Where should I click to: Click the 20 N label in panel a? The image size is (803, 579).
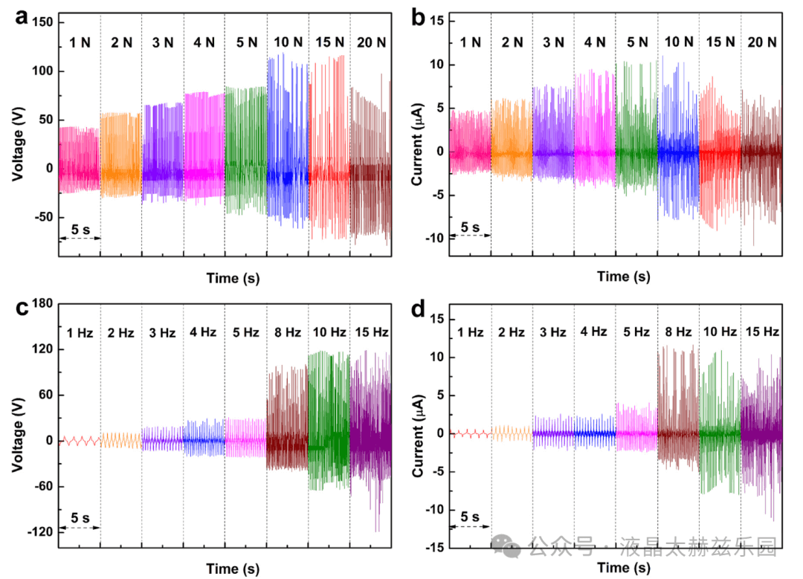(369, 42)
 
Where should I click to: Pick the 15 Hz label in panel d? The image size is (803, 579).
(762, 331)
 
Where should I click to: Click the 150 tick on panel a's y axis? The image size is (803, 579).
(42, 23)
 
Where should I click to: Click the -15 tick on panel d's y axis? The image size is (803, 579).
(434, 548)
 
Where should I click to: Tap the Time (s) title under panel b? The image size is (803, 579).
(624, 276)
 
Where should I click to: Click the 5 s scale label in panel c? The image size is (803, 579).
(80, 517)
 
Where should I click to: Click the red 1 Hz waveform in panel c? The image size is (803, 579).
(80, 441)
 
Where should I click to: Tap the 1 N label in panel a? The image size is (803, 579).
(80, 42)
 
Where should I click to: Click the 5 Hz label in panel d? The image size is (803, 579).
(636, 332)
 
